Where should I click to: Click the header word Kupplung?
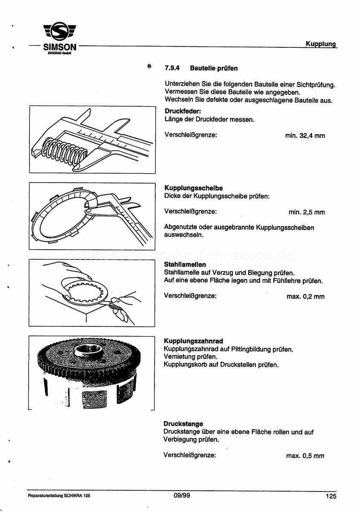[321, 44]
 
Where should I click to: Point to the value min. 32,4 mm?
[305, 136]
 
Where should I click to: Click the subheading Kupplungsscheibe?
[193, 188]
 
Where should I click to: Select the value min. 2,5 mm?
[307, 212]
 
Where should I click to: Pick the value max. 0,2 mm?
[305, 297]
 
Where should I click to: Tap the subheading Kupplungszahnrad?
[193, 341]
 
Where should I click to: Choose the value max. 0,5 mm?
[305, 456]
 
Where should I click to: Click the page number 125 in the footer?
[331, 496]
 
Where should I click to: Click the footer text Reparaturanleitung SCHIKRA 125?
[59, 496]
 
